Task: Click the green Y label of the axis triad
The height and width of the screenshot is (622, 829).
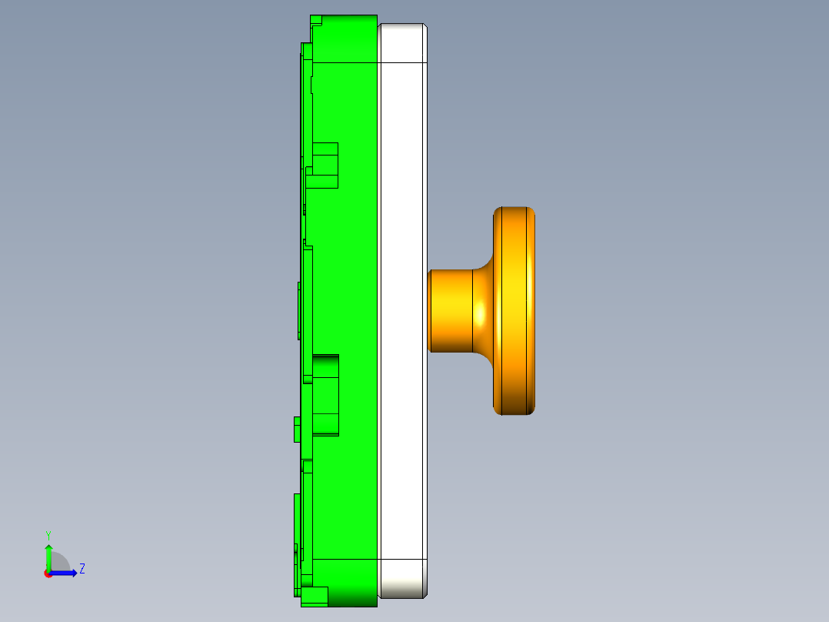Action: point(48,534)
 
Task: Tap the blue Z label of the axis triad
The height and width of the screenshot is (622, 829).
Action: point(82,569)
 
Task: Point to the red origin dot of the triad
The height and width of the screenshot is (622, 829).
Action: point(48,573)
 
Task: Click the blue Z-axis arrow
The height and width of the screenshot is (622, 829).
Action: point(65,573)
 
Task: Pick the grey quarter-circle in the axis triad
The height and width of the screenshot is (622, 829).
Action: point(58,563)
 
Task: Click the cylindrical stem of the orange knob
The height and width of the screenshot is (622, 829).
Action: point(451,311)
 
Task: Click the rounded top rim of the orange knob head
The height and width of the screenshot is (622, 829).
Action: point(514,210)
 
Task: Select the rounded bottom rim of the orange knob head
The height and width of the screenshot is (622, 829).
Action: point(514,411)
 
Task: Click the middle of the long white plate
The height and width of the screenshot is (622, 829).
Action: point(402,308)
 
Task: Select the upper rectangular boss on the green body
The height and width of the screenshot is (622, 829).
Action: point(325,165)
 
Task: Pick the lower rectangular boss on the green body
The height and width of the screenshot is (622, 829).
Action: point(325,394)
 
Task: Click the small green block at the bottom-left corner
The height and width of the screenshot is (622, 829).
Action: point(314,596)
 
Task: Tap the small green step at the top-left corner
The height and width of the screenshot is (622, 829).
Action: point(315,19)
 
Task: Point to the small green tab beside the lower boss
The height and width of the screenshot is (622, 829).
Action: point(297,429)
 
